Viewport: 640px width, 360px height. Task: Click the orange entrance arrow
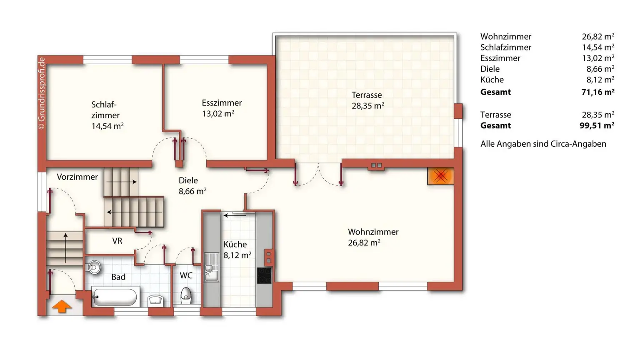click(x=62, y=306)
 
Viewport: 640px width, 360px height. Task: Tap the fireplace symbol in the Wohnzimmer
click(x=440, y=176)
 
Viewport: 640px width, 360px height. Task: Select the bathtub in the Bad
click(x=115, y=297)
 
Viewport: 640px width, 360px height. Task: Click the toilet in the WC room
click(x=186, y=295)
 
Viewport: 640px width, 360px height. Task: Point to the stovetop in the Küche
click(x=264, y=276)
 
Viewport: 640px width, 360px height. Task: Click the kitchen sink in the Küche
click(x=211, y=267)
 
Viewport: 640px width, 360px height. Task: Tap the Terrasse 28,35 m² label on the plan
click(x=367, y=100)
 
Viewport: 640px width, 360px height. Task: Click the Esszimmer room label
click(x=221, y=103)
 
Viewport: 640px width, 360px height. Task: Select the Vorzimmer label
click(x=77, y=177)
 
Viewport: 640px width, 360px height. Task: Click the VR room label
click(x=117, y=241)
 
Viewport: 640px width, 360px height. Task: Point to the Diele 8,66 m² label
click(x=192, y=186)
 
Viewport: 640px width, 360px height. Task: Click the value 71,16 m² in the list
click(x=597, y=92)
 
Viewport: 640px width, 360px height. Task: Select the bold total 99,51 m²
click(x=597, y=125)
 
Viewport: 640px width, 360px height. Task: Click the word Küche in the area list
click(x=492, y=80)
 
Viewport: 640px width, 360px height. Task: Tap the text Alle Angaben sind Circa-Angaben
click(x=543, y=144)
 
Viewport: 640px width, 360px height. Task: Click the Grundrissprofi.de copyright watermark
click(x=41, y=94)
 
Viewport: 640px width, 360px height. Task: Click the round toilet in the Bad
click(x=94, y=267)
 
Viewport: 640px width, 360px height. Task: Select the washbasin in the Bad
click(x=155, y=300)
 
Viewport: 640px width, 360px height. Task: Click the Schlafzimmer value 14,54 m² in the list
click(x=598, y=47)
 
